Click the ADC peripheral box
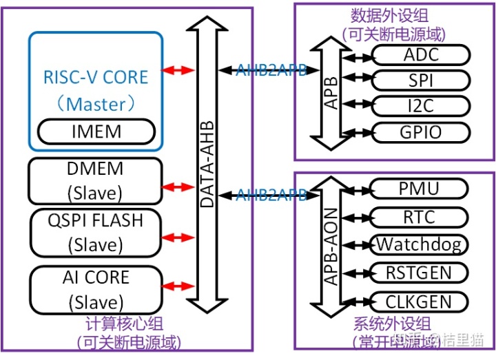(420, 55)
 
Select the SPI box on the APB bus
(420, 80)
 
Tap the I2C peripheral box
(420, 105)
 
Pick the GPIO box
(420, 131)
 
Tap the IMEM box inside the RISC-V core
(96, 131)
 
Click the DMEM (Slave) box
(96, 181)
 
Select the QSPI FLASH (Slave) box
(96, 233)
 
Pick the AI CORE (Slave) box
(96, 289)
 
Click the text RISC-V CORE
(96, 76)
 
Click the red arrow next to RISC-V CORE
(178, 70)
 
